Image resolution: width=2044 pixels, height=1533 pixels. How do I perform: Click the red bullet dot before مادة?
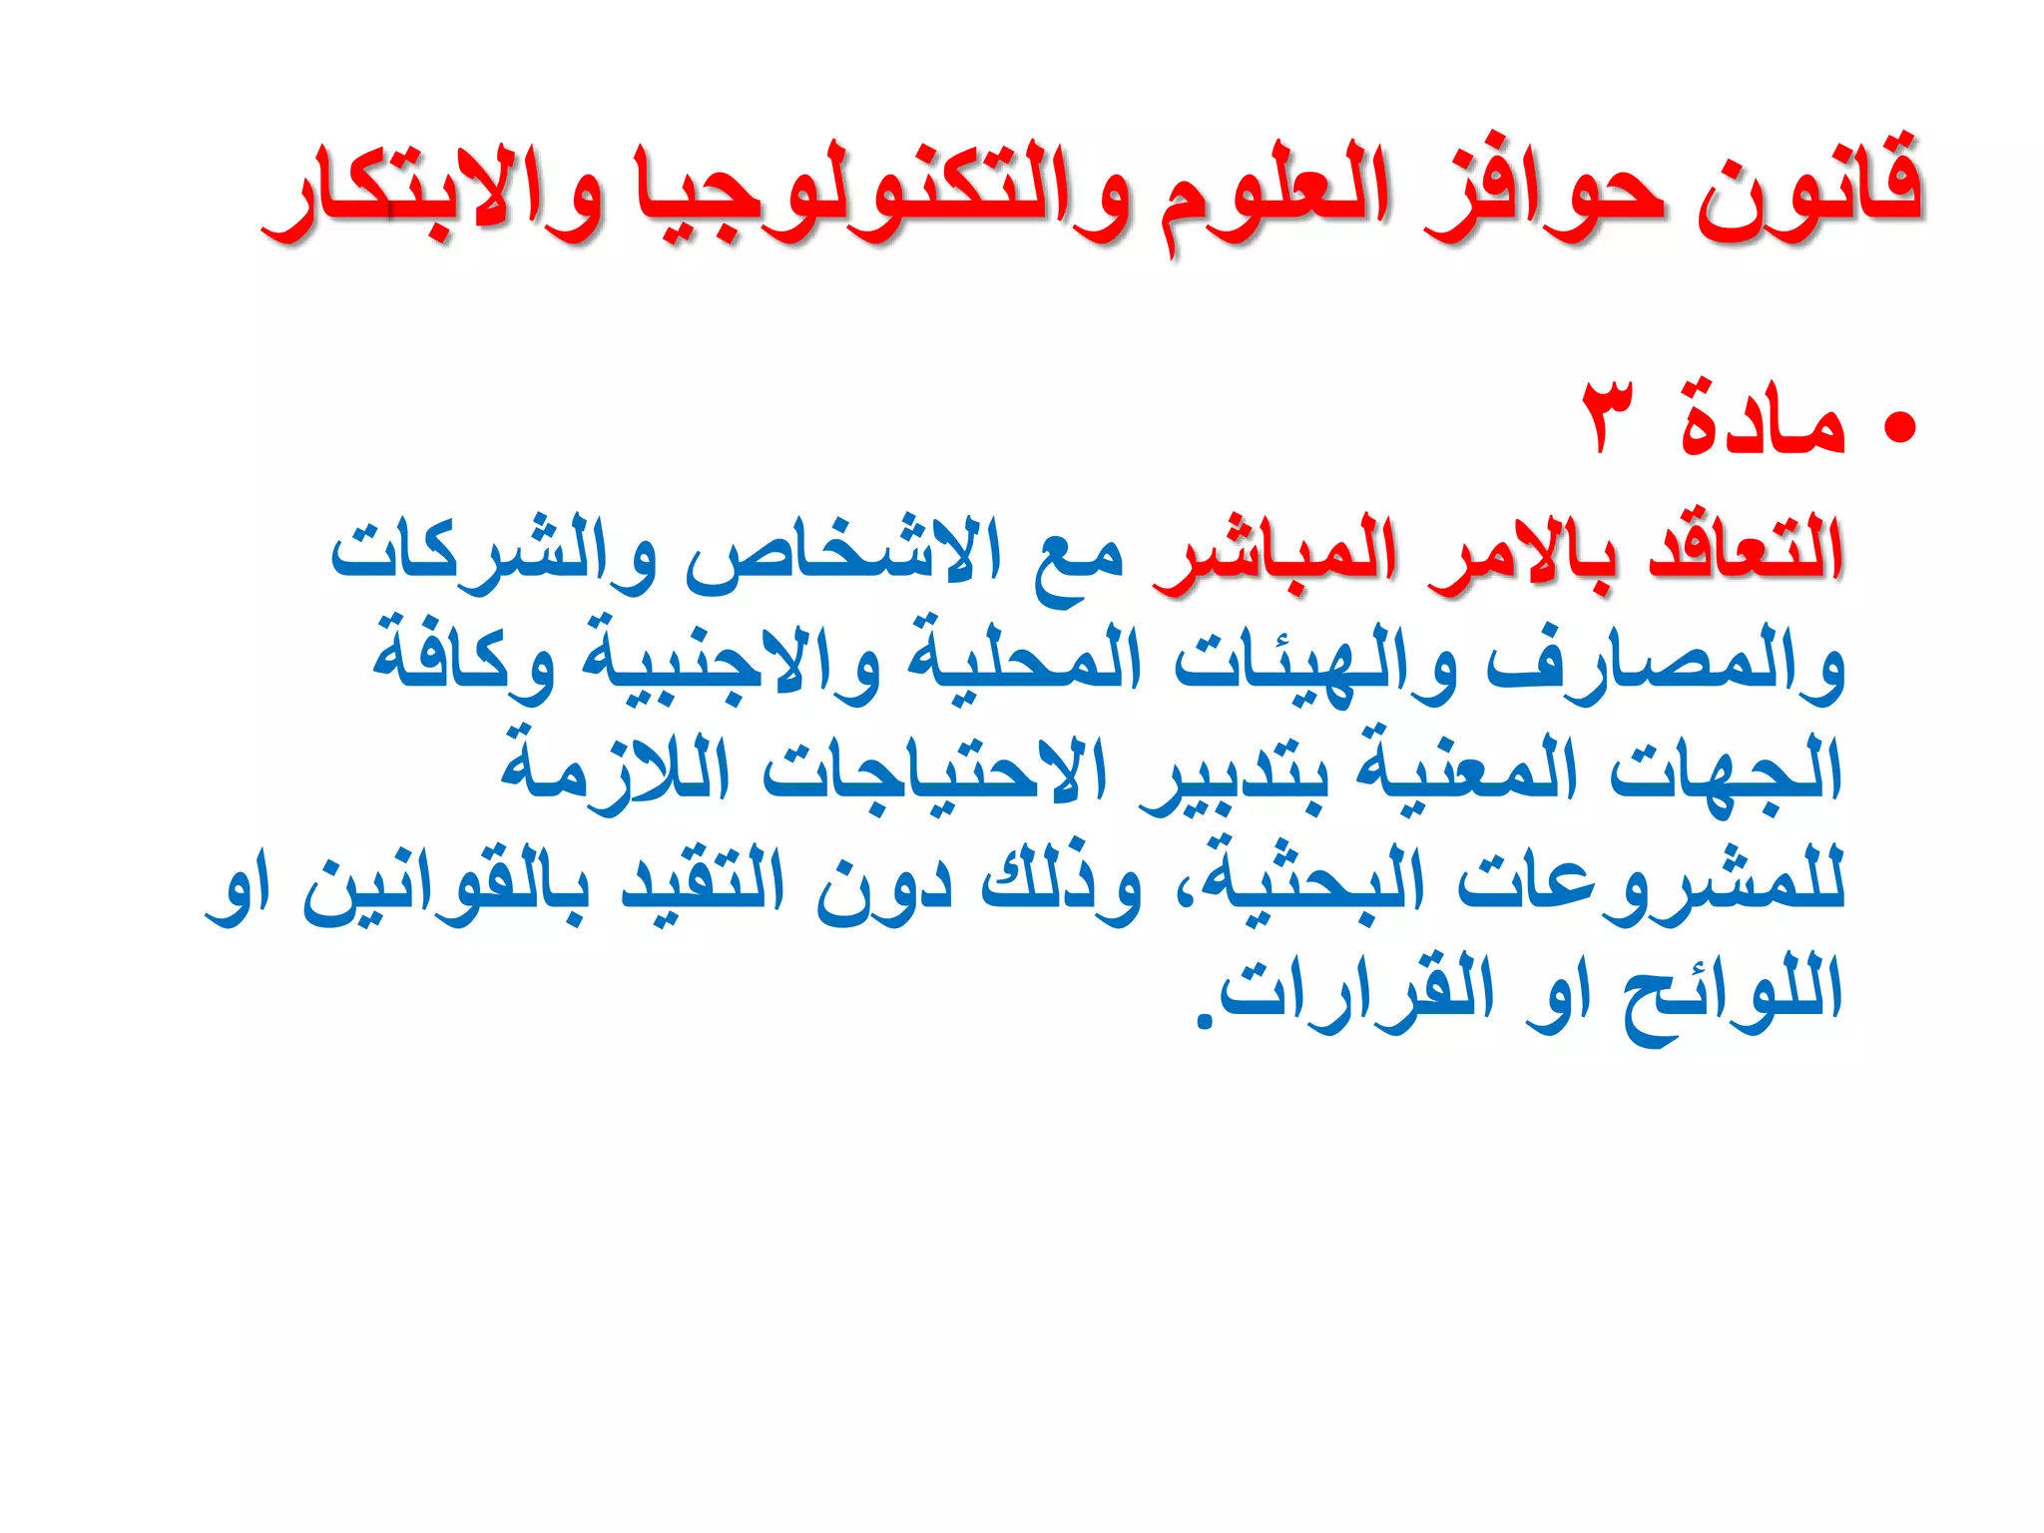1899,426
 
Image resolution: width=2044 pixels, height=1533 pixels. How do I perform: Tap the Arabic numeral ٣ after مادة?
1609,417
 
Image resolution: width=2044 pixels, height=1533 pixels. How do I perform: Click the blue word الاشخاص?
843,554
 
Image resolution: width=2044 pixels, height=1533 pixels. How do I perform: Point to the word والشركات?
494,554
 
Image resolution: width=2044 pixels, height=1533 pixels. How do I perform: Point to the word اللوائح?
1732,993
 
